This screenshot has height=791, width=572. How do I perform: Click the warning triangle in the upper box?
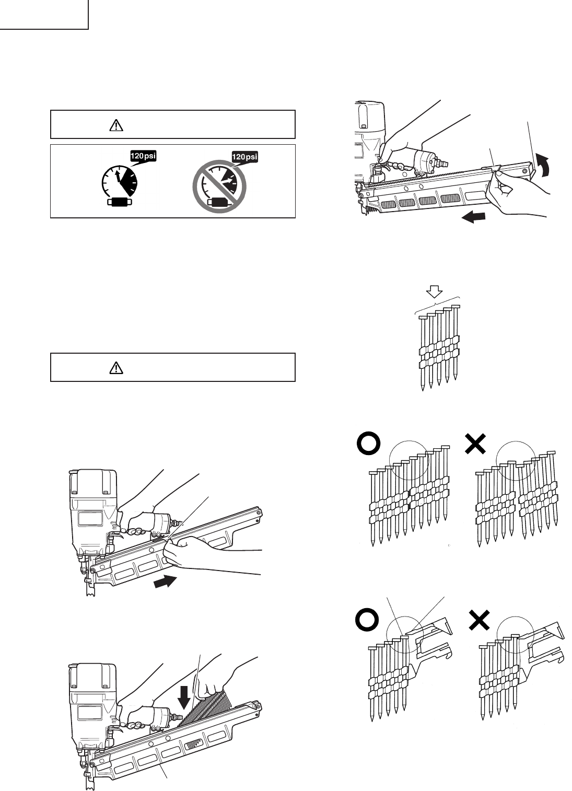click(x=116, y=125)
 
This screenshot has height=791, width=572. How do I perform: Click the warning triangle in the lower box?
click(x=116, y=368)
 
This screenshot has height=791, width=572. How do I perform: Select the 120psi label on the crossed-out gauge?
click(x=245, y=156)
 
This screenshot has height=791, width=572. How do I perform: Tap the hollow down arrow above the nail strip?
click(x=435, y=290)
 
